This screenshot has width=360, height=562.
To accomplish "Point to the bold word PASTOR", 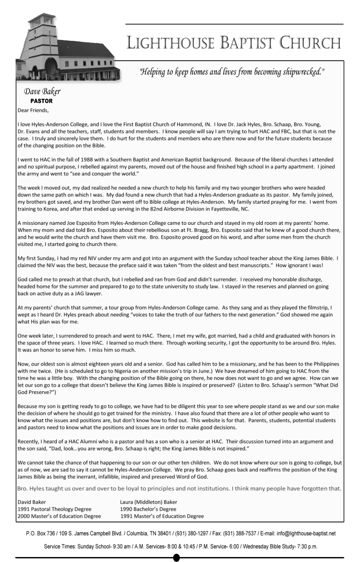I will pyautogui.click(x=42, y=101).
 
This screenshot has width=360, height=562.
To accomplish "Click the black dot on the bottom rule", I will pyautogui.click(x=177, y=558).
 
